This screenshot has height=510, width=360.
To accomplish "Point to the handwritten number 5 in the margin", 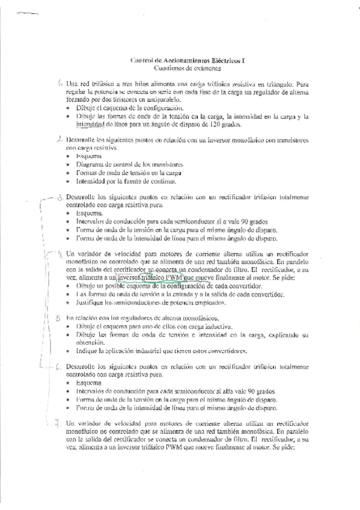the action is [x=58, y=319].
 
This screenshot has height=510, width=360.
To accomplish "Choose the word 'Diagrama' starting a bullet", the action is [x=90, y=164].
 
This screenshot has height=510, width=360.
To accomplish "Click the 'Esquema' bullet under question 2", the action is [x=89, y=156].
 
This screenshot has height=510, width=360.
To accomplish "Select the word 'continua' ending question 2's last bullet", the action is [x=162, y=181].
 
